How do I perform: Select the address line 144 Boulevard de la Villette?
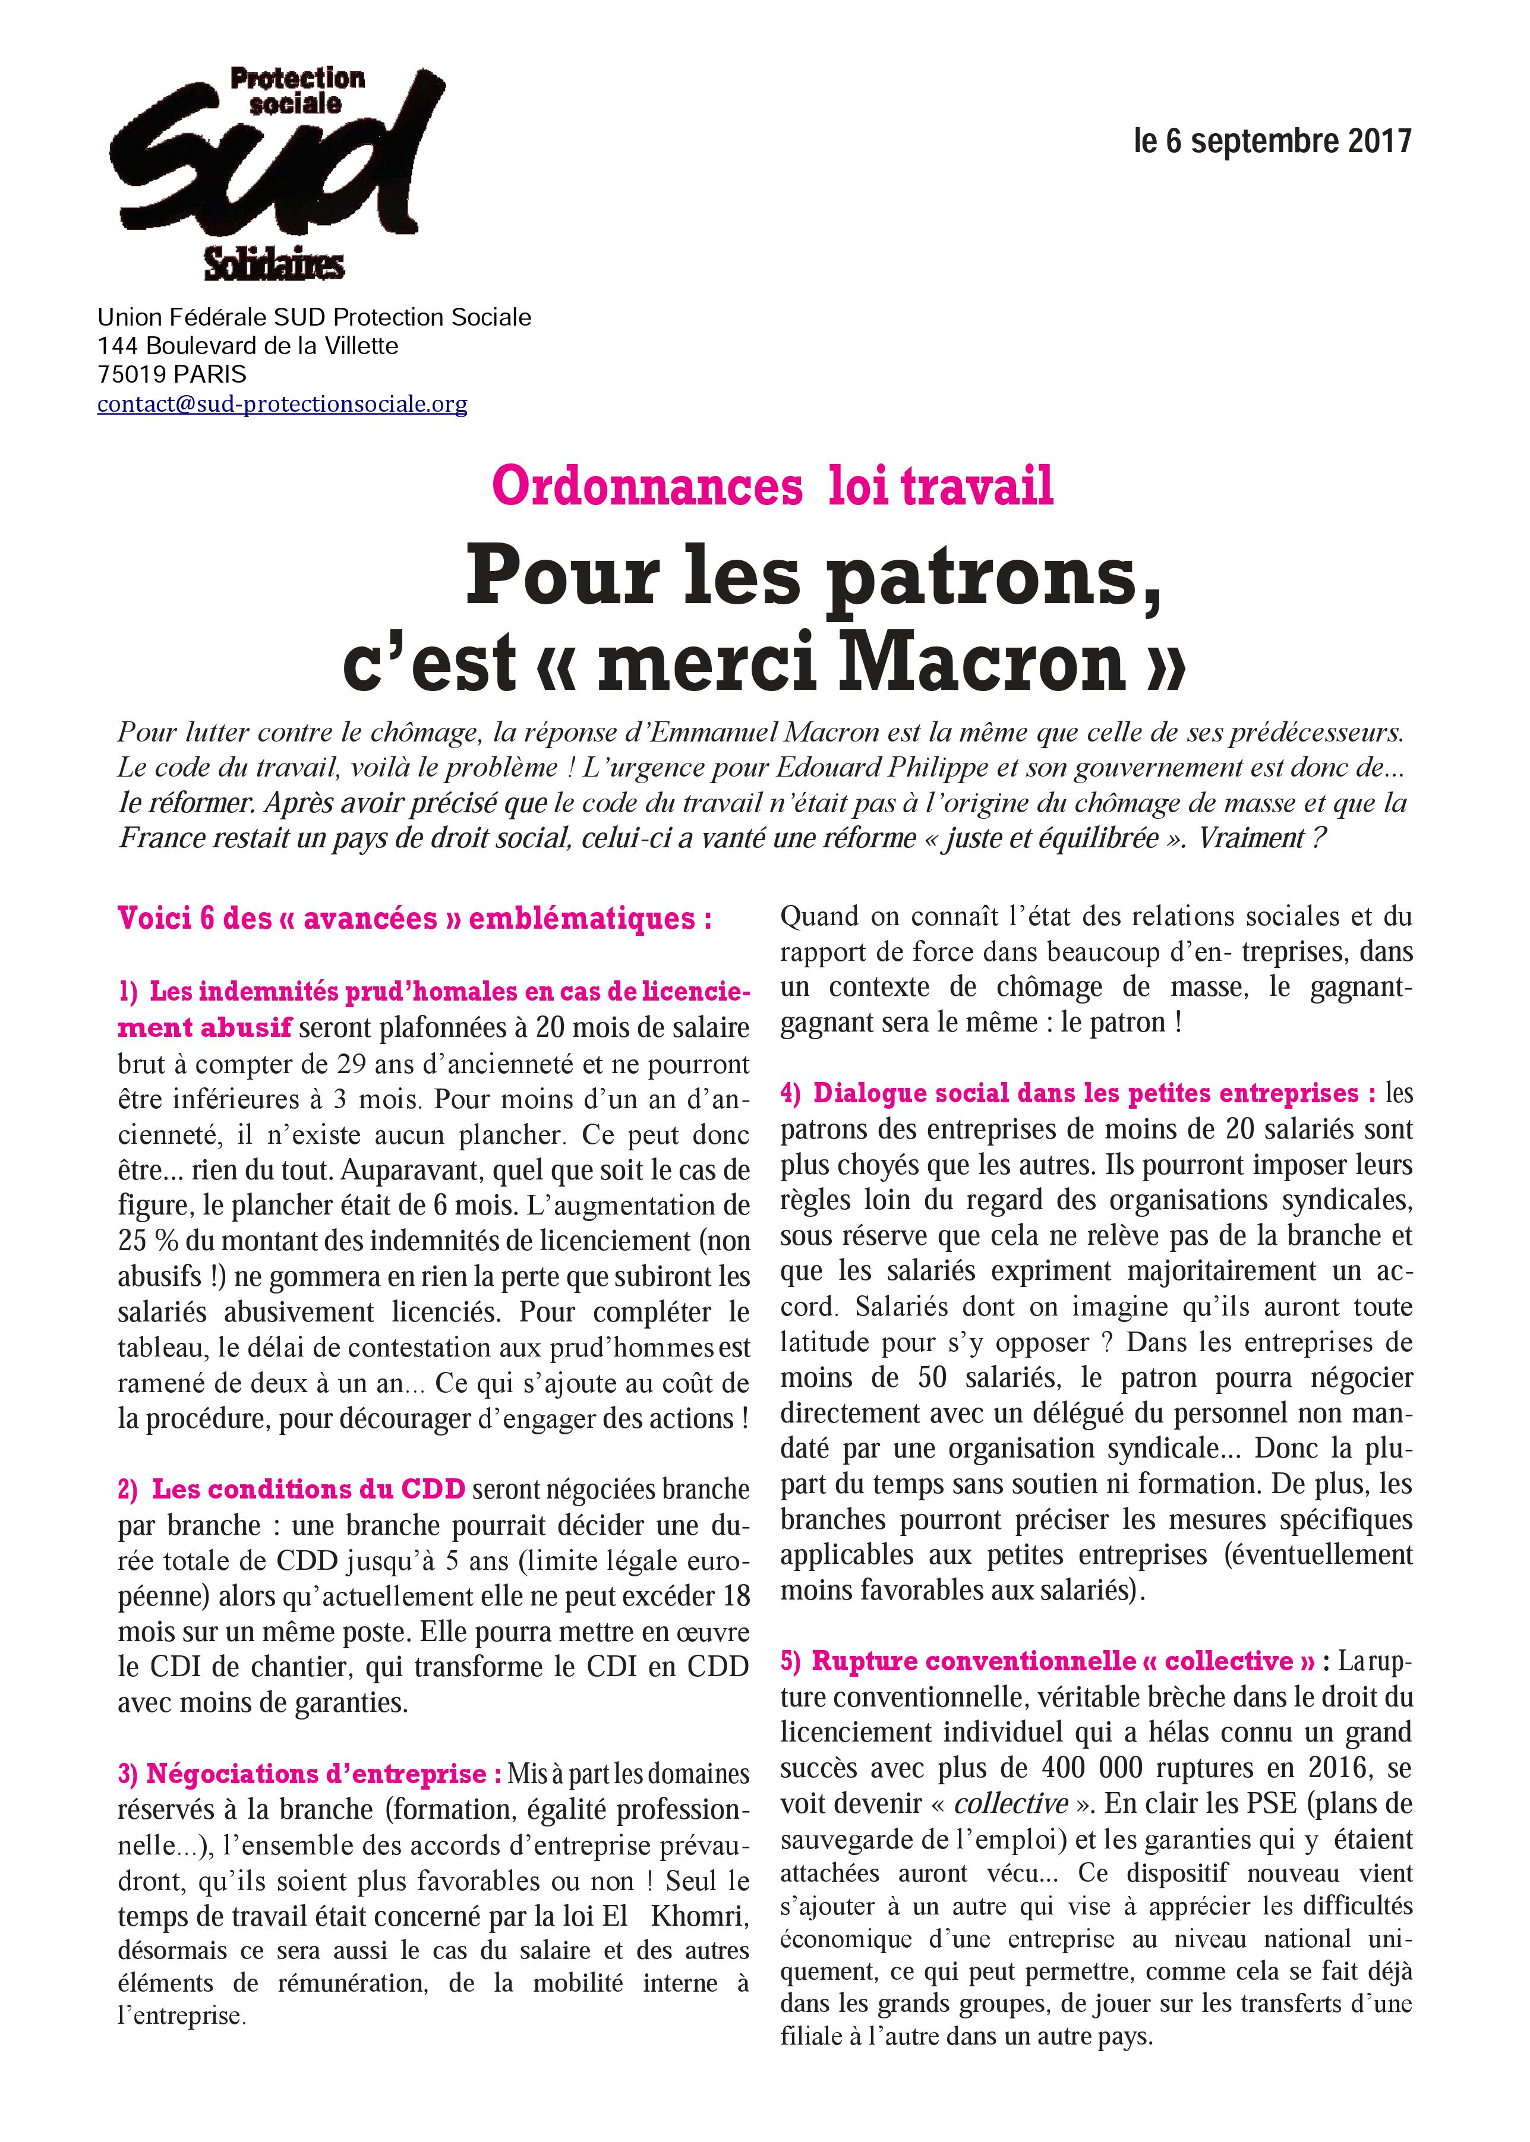(248, 346)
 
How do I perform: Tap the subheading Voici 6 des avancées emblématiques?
(415, 919)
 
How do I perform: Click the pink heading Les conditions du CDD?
(309, 1489)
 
